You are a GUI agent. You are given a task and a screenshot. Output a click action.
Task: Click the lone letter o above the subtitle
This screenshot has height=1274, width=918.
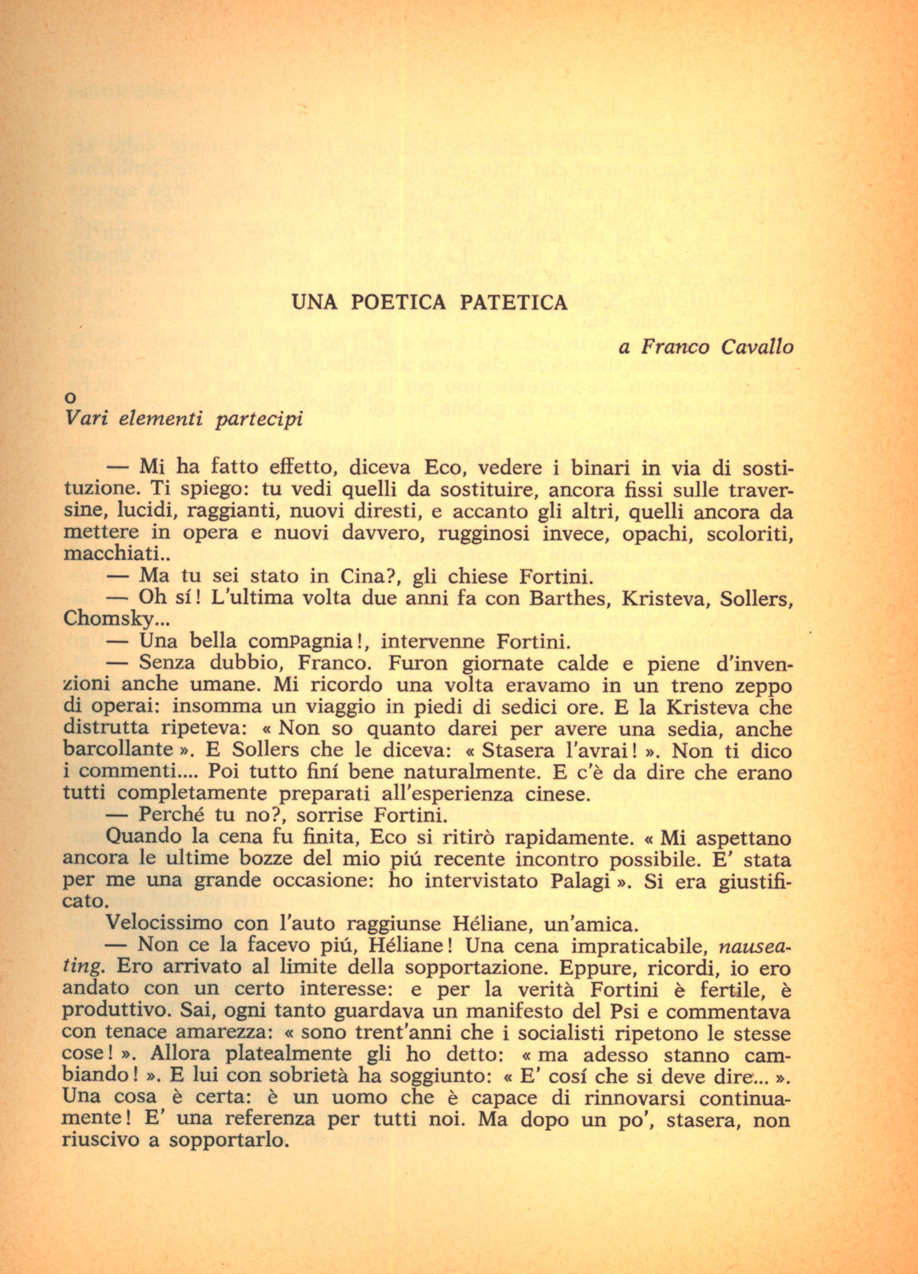[x=69, y=398]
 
